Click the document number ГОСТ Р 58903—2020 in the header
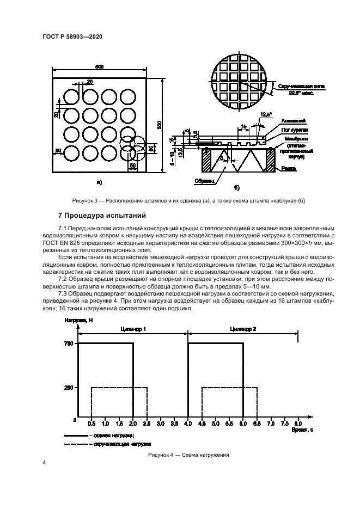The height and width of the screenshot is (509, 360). [72, 36]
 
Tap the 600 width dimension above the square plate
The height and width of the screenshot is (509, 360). [99, 67]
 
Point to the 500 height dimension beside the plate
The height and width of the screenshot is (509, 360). [160, 124]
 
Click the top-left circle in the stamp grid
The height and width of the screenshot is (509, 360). [71, 97]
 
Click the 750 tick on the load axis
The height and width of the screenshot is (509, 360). [68, 343]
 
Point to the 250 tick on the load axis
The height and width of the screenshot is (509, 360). [68, 388]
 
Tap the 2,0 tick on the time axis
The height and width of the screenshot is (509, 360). [133, 422]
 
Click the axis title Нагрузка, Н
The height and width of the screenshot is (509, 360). [76, 322]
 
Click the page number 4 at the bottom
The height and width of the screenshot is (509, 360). [44, 463]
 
